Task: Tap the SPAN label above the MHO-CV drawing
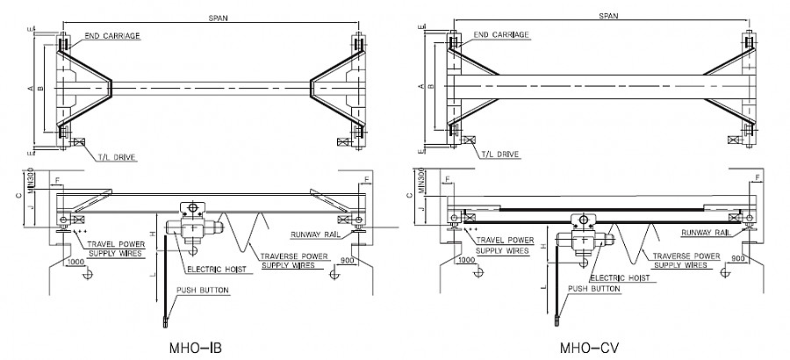(607, 16)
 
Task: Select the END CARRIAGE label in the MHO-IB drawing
(113, 36)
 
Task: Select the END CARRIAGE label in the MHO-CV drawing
(501, 35)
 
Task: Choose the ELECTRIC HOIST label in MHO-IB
(215, 269)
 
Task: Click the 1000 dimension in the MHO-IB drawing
(75, 262)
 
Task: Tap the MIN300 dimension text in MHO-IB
(31, 178)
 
